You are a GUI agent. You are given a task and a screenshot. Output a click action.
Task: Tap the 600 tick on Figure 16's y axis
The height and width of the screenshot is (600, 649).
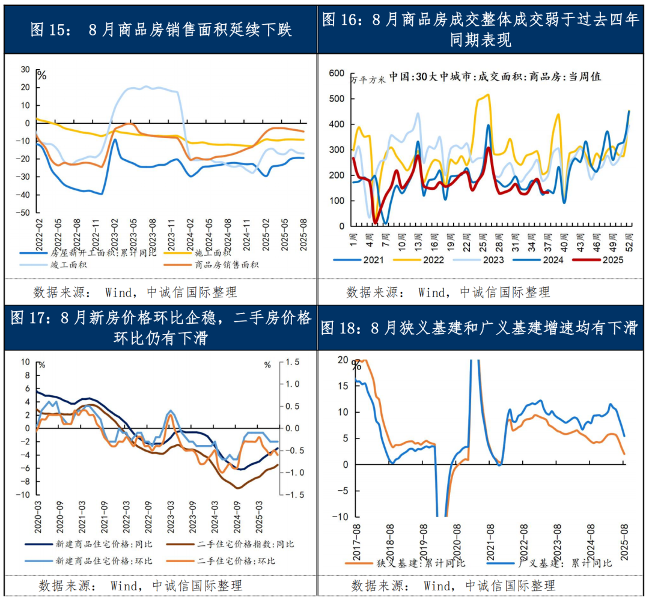(x=337, y=73)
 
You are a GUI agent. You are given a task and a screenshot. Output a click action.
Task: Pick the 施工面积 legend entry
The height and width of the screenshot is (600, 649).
(x=213, y=253)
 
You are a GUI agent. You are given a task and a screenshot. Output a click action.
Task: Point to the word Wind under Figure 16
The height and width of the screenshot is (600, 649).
(x=432, y=292)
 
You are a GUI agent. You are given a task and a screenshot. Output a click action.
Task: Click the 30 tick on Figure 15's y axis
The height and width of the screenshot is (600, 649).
(x=26, y=69)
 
